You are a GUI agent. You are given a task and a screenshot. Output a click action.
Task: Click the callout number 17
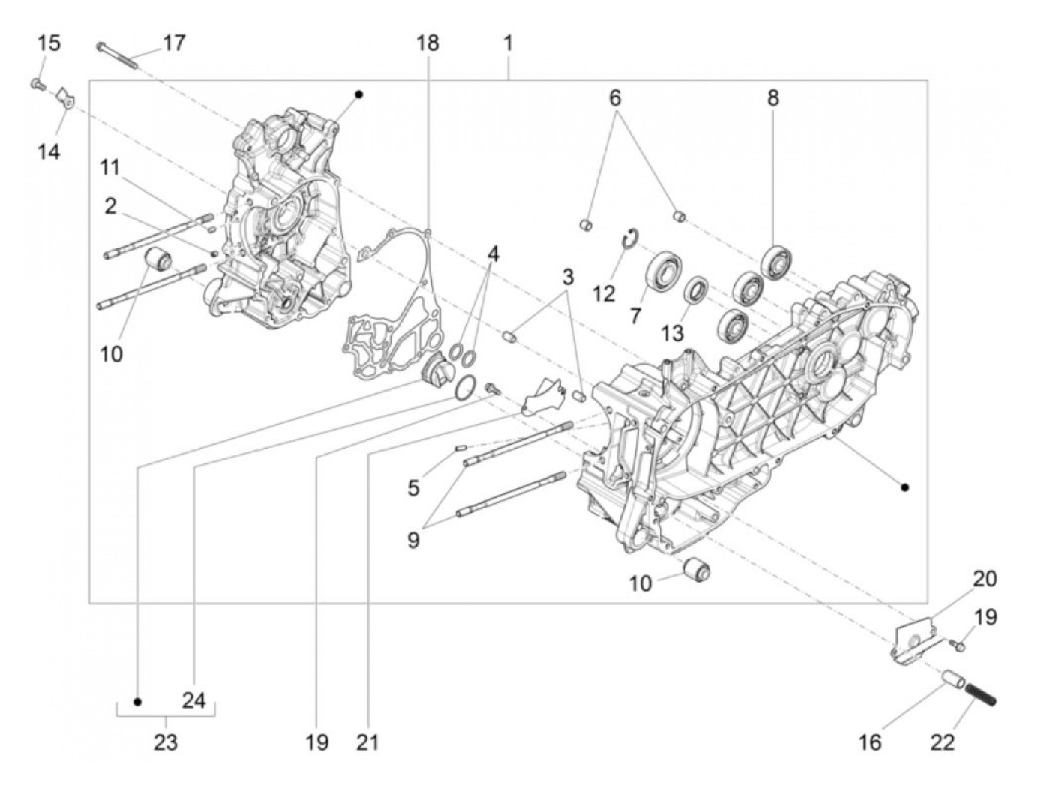173,43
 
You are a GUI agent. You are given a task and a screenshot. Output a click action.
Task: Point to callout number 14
49,152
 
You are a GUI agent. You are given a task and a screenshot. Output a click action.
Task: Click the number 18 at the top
427,43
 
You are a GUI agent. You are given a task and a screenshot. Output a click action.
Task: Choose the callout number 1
508,43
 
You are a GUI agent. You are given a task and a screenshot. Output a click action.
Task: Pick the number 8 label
772,97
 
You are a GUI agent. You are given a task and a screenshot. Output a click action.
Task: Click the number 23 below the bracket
166,742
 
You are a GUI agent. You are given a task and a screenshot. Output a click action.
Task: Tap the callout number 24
193,700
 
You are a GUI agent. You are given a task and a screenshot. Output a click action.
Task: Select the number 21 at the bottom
368,742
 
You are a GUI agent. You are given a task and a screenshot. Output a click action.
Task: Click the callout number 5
413,487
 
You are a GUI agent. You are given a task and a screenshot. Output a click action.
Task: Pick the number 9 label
413,539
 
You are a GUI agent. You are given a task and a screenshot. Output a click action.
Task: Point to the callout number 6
615,97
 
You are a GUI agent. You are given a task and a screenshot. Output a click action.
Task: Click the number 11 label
110,168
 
